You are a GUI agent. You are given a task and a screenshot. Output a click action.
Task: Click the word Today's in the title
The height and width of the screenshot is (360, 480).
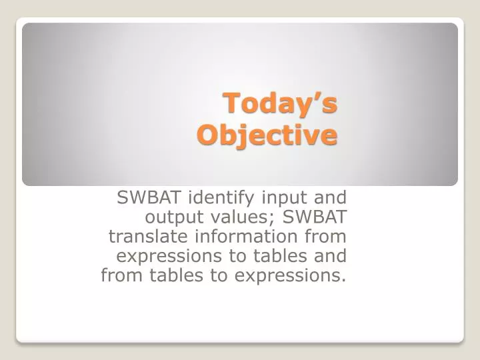point(280,104)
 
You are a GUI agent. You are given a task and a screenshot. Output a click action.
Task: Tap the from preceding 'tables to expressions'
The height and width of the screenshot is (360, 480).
point(118,275)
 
